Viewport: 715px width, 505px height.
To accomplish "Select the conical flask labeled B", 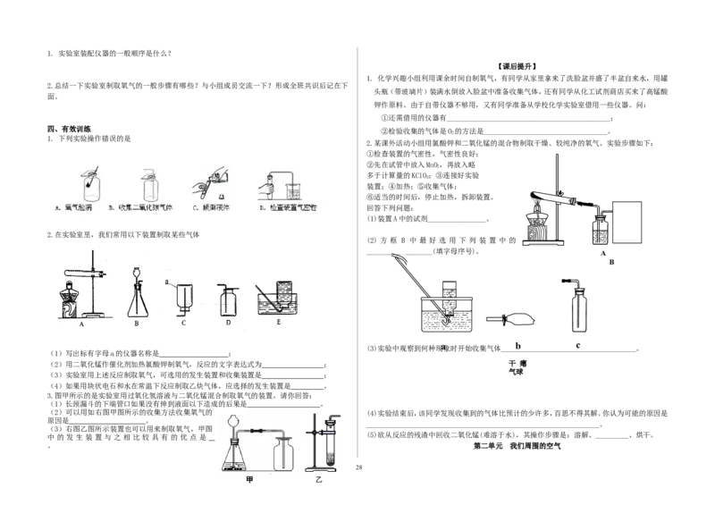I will click(137, 298).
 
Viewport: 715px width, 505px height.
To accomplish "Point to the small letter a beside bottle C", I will click(167, 283).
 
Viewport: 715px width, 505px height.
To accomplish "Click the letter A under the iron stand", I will click(81, 327).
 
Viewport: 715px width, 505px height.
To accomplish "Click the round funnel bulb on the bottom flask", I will click(235, 421).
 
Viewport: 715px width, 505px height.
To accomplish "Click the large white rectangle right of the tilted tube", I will click(626, 221).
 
